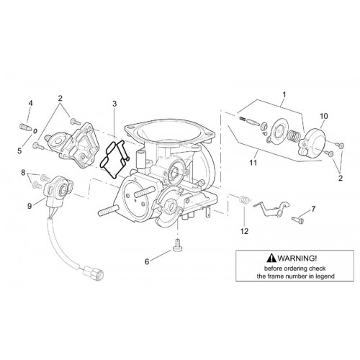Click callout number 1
coord(284,95)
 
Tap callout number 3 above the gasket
coord(114,104)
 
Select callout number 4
coord(30,103)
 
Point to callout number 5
coord(19,151)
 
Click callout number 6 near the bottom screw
coord(147,261)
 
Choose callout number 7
coord(313,209)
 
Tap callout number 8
coord(23,172)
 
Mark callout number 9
coord(30,206)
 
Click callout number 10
coord(323,116)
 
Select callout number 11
coord(253,163)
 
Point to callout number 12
coord(244,231)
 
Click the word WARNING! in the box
coord(297,258)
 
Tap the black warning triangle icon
coord(271,258)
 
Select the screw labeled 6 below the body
coord(177,245)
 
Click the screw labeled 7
coord(298,220)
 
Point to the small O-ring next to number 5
coord(35,131)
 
